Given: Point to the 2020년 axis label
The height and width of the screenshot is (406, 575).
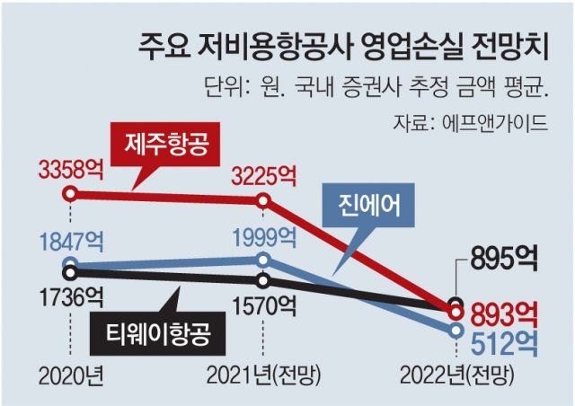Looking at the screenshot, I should pyautogui.click(x=69, y=373).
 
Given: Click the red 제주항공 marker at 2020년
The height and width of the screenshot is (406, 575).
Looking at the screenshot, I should pyautogui.click(x=71, y=194).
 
